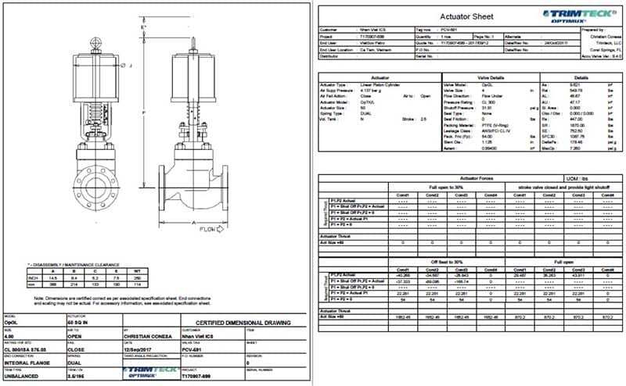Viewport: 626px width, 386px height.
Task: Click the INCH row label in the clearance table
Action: [34, 277]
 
